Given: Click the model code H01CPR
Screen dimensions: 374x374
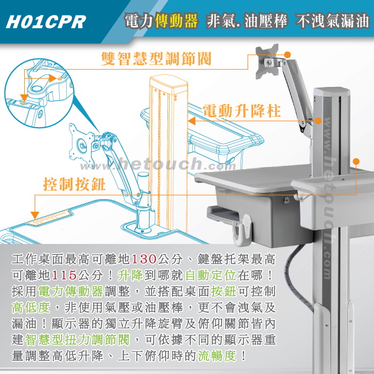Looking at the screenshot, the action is coord(46,22).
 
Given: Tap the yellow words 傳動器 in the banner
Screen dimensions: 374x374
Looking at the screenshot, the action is coord(177,21).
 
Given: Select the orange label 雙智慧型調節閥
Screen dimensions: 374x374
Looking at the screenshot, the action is coord(157,59).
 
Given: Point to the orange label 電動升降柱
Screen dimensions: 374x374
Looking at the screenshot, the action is coord(242,111).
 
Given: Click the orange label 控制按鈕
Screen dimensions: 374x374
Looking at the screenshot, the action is coord(74,184).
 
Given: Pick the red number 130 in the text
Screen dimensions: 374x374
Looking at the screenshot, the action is coord(144,259).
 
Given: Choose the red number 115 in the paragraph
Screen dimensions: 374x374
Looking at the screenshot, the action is coord(64,275).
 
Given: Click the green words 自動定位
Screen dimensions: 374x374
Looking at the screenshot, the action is coord(211,275).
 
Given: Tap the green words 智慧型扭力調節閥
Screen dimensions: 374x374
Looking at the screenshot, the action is coord(77,339).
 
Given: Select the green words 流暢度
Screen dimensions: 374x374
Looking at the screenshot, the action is coord(217,356).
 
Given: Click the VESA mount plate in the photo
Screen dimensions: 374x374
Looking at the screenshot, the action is coord(267,62).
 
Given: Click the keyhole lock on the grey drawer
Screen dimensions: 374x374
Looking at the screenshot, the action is coord(286,200).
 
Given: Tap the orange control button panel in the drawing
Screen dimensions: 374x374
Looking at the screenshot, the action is coord(49,217).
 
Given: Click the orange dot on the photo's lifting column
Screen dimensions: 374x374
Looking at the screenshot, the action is coord(318,121).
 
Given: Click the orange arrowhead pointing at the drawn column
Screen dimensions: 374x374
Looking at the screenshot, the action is coord(192,121).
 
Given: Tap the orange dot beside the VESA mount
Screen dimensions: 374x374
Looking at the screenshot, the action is coord(288,55).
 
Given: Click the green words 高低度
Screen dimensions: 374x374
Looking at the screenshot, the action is coord(31,307).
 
